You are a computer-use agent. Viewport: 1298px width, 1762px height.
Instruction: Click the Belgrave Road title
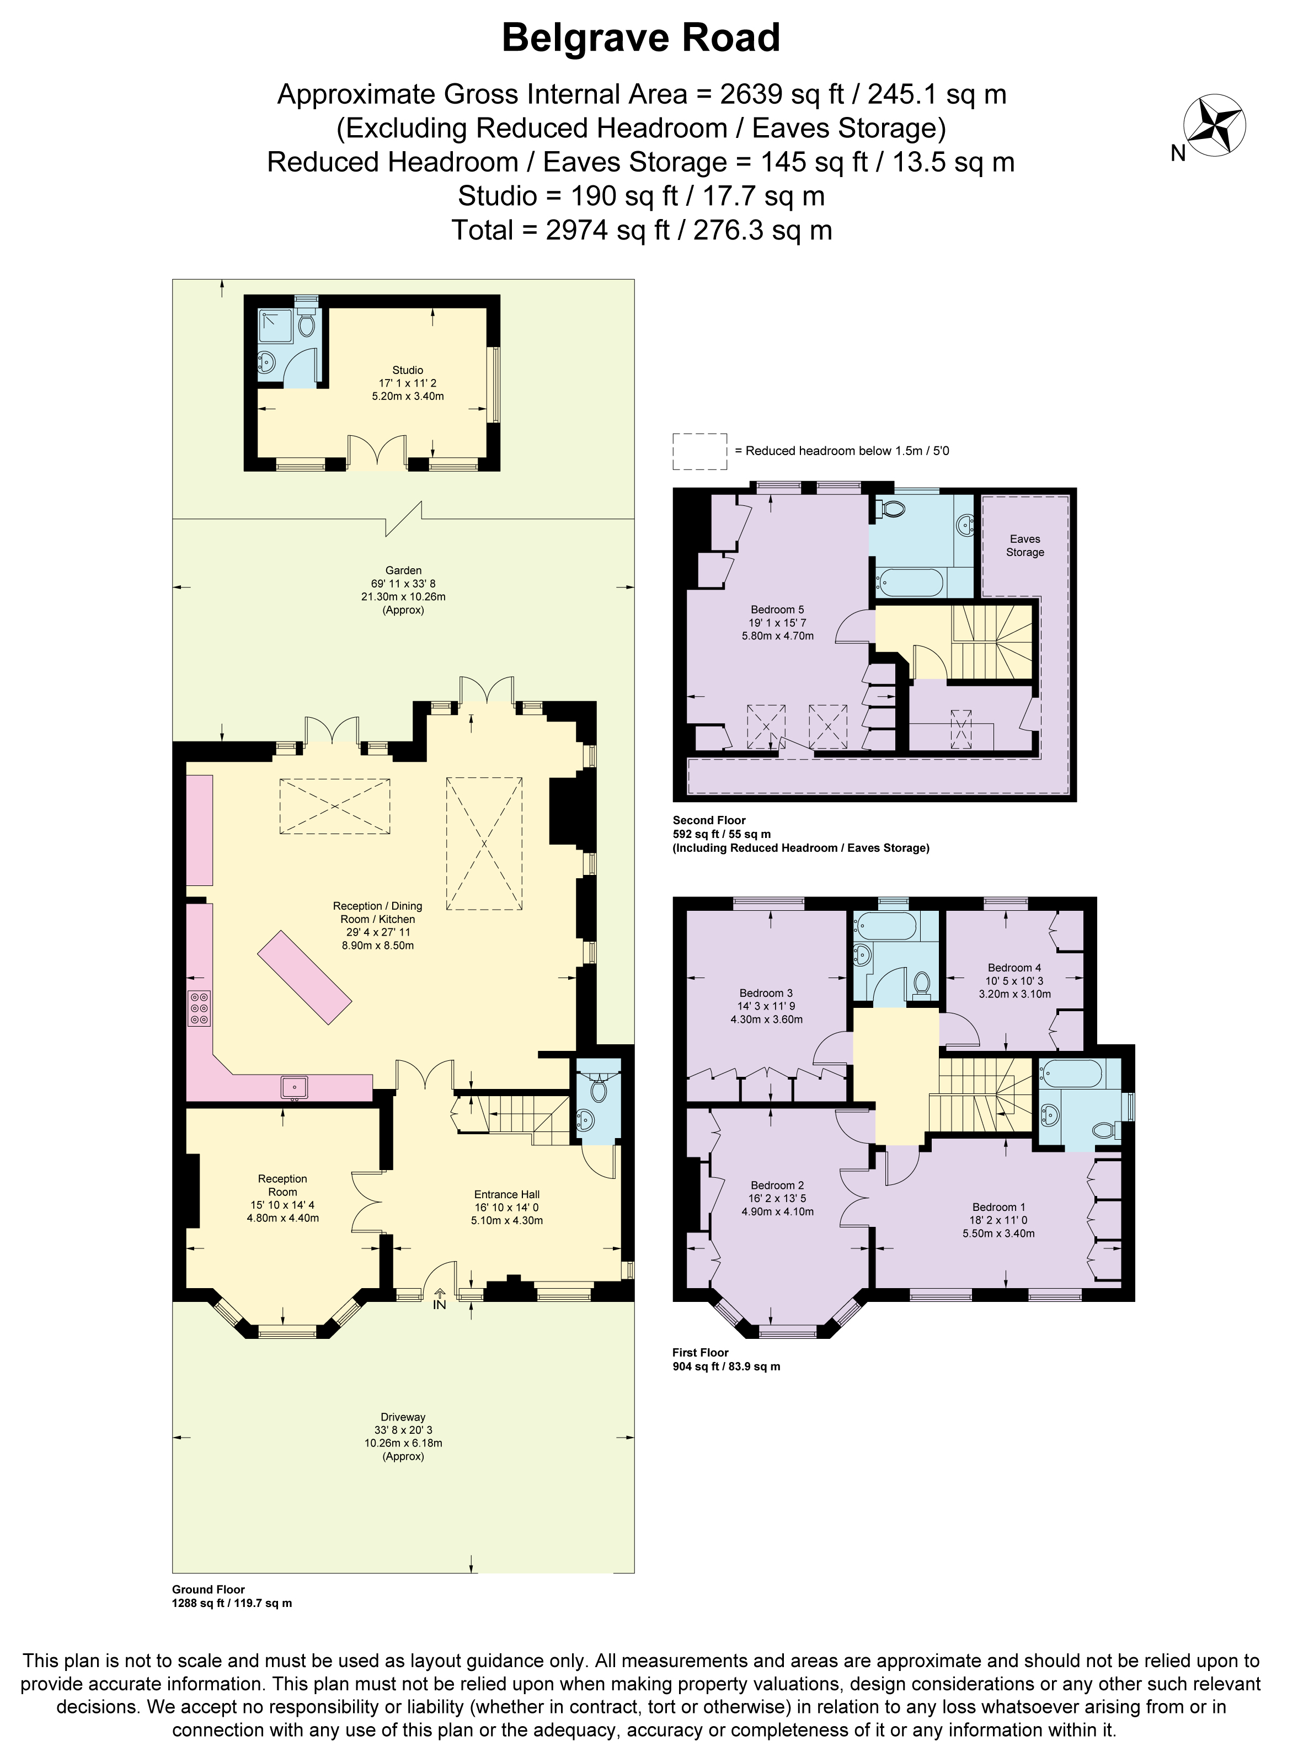pos(640,38)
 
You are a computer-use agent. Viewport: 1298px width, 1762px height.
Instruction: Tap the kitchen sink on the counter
pos(296,1088)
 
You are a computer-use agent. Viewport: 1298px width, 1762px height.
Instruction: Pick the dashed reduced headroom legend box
pos(699,452)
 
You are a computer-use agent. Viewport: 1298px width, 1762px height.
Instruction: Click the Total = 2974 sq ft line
pos(640,230)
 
